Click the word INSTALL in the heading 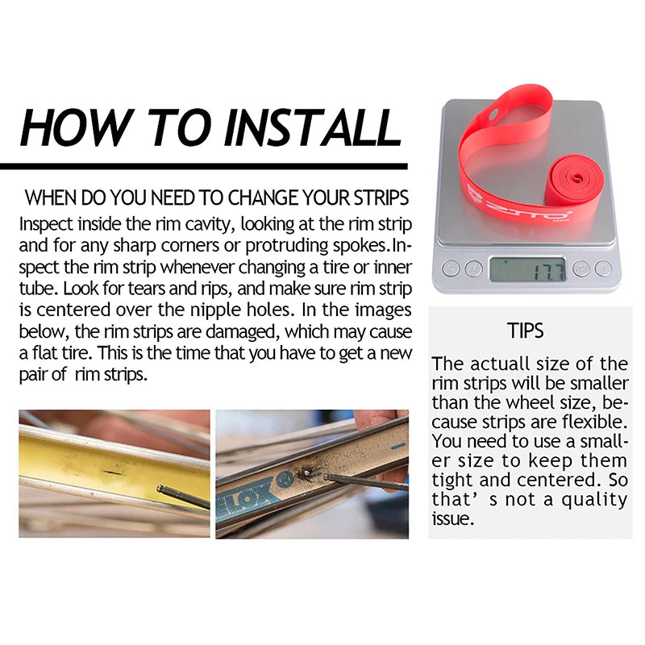click(313, 127)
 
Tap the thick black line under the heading click(204, 166)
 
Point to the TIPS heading click(525, 331)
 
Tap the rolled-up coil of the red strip click(574, 181)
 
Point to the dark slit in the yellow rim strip click(112, 472)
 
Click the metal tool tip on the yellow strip click(160, 489)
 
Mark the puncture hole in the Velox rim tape click(306, 473)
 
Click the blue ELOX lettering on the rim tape click(244, 497)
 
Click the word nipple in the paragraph click(210, 310)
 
